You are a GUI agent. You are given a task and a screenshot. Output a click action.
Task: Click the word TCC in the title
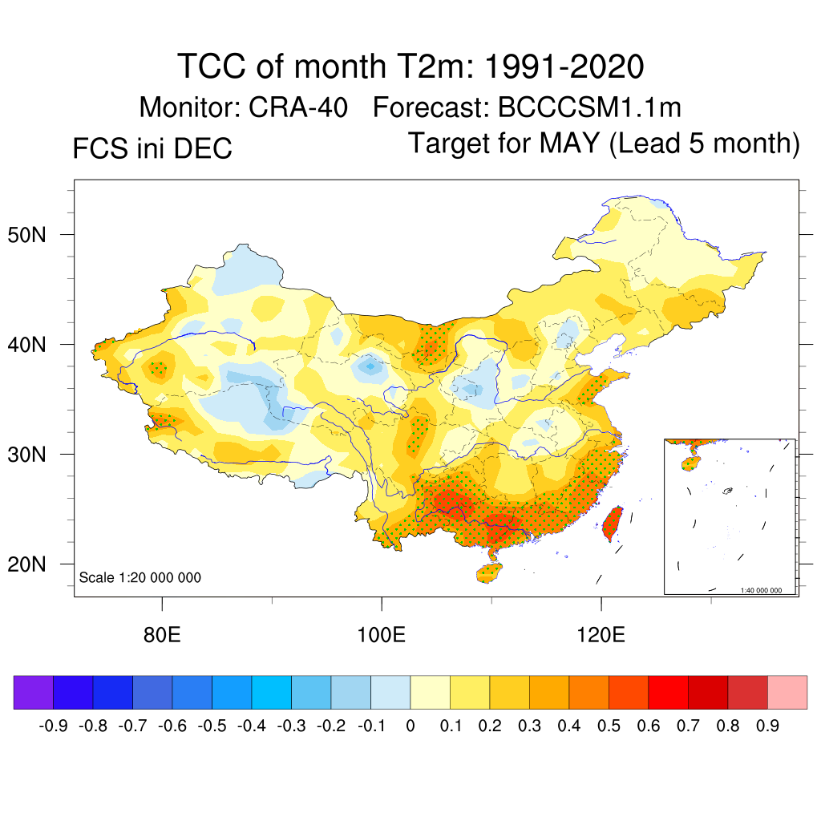(x=212, y=67)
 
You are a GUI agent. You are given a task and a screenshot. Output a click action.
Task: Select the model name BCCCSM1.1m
(x=590, y=107)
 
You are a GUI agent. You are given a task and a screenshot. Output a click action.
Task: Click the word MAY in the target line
(x=569, y=144)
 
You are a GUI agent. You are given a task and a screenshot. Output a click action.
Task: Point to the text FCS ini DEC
(x=152, y=148)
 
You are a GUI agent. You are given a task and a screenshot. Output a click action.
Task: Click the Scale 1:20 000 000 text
(x=140, y=577)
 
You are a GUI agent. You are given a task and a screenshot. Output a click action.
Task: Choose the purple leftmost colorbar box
(x=33, y=693)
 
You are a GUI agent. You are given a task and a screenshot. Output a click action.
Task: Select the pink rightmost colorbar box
(x=787, y=693)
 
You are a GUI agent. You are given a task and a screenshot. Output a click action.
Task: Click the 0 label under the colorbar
(x=410, y=726)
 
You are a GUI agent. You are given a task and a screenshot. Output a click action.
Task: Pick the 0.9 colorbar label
(x=768, y=726)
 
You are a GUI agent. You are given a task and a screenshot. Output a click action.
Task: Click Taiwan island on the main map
(x=612, y=524)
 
